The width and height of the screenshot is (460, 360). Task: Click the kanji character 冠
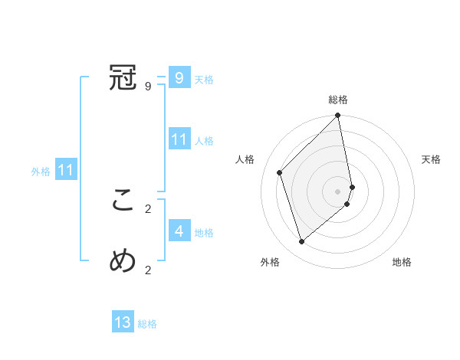[123, 78]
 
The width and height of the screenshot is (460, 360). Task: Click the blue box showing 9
[179, 77]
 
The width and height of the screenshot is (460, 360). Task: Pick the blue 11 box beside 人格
[179, 139]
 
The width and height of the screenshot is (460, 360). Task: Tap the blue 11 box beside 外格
[65, 171]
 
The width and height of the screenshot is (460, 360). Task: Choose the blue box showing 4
[179, 231]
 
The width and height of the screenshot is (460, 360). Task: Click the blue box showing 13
[123, 322]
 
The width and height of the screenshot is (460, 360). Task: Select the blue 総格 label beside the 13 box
[147, 324]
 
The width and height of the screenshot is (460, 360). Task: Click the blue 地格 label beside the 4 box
[204, 233]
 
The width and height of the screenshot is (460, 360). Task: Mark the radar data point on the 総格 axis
[338, 116]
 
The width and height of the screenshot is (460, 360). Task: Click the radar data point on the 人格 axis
[280, 172]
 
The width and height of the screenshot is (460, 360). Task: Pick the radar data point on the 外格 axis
[302, 242]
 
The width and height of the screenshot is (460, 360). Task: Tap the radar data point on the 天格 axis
[352, 186]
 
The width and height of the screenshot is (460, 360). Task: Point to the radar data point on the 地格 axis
[347, 204]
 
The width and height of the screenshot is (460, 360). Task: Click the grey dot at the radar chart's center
[338, 191]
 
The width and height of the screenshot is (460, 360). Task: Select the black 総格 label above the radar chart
[338, 100]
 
